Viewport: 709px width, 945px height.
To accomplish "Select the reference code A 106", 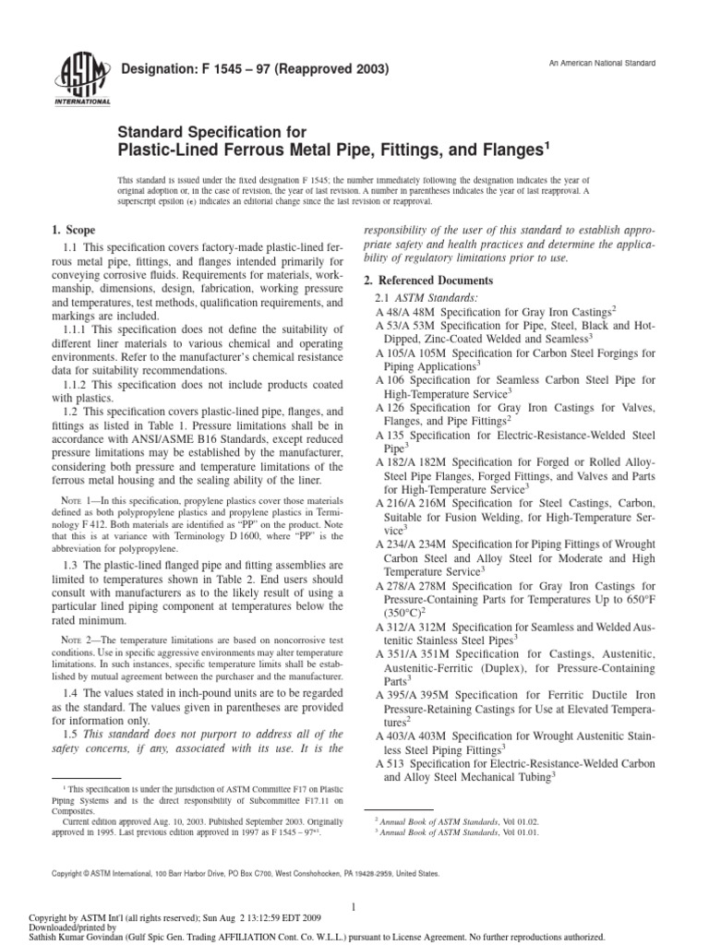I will click(x=391, y=380).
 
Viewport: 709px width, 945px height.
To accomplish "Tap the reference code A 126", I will click(x=391, y=407).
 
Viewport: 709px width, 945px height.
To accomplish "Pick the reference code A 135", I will click(x=391, y=434).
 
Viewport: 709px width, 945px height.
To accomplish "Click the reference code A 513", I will click(x=391, y=764).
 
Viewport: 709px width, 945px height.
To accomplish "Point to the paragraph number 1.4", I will click(x=70, y=692).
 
